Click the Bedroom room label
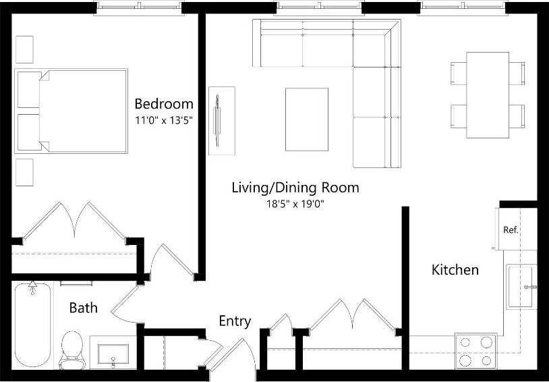click(164, 104)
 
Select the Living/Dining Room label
click(295, 187)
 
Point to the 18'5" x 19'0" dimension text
click(295, 203)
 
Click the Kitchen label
click(455, 270)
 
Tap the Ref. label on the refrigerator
click(511, 230)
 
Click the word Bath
click(84, 308)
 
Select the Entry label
click(235, 321)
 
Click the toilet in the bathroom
click(71, 349)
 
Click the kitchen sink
click(521, 287)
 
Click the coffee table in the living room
click(307, 119)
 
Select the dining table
click(488, 94)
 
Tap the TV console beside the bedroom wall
click(223, 121)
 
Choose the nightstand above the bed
click(24, 49)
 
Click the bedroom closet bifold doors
click(74, 219)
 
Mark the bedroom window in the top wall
click(139, 7)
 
